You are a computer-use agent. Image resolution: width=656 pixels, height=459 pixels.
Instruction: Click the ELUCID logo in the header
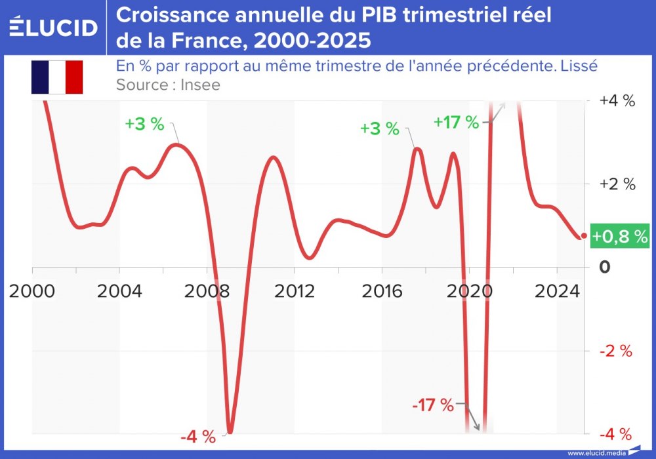coord(53,28)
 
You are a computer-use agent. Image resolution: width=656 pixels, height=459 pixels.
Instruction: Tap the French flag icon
coord(56,77)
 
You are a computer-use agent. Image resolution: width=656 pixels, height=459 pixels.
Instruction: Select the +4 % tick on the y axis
coord(617,101)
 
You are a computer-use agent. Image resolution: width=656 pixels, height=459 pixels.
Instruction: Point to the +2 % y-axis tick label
coord(617,184)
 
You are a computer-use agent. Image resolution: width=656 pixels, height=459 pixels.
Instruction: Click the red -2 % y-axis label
coord(617,351)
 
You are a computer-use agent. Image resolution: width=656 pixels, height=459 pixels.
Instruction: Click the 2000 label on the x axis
coord(31,290)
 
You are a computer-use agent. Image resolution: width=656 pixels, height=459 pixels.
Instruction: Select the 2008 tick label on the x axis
coord(207,290)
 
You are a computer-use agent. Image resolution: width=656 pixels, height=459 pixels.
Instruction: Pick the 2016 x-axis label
coord(382,290)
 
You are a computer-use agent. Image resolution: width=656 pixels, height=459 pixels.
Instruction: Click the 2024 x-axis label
coord(556,290)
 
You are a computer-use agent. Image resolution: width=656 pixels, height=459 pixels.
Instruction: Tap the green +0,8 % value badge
coord(620,236)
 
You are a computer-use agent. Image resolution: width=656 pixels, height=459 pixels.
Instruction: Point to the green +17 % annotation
coord(457,122)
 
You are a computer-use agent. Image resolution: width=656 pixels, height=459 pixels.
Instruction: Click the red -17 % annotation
coord(433,405)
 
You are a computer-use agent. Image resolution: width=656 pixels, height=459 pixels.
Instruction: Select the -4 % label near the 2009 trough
coord(197,435)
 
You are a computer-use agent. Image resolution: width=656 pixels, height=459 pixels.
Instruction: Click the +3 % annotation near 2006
coord(145,125)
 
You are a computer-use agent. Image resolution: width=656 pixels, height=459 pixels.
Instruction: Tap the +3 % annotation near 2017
coord(379,129)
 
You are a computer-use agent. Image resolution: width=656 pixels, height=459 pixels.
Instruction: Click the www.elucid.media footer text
coord(596,453)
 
